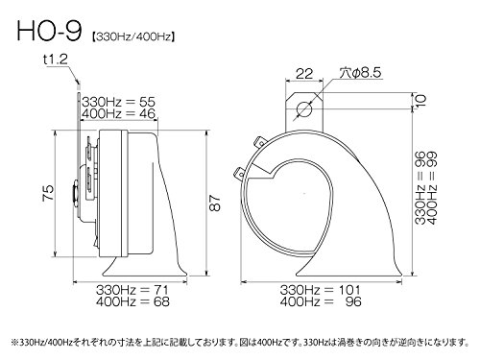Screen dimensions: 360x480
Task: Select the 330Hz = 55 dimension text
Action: (120, 100)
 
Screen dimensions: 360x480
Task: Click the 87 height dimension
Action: (213, 203)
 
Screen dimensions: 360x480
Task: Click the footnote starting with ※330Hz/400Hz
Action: (240, 340)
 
